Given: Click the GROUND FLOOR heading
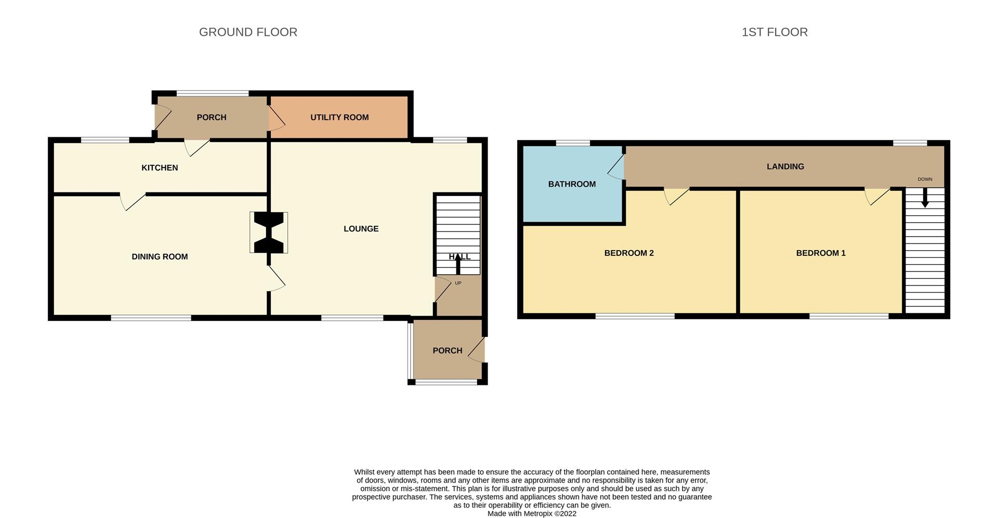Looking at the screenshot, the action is point(248,32).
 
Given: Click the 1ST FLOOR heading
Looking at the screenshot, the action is point(774,32).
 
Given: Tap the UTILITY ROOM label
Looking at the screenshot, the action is point(339,118).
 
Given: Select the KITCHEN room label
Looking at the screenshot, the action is point(160,168).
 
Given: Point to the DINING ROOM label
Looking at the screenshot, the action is point(160,256).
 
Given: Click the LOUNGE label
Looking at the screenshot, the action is point(361,229).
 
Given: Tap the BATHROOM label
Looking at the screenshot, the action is point(572,184).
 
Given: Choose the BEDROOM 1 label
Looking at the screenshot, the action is point(821,253).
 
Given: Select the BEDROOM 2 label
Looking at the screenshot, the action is point(629,253).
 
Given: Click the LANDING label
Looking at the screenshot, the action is point(785,166).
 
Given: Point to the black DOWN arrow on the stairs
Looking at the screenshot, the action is point(925,198).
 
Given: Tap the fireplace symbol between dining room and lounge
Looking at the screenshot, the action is point(269,232).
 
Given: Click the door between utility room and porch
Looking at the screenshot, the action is point(277,118).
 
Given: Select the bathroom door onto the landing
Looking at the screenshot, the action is point(616,167).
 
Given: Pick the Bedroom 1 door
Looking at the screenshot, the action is point(876,196).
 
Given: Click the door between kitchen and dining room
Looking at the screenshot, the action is point(133,202).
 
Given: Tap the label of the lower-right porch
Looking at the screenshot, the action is point(448,351).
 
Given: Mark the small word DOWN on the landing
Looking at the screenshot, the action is point(925,179).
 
